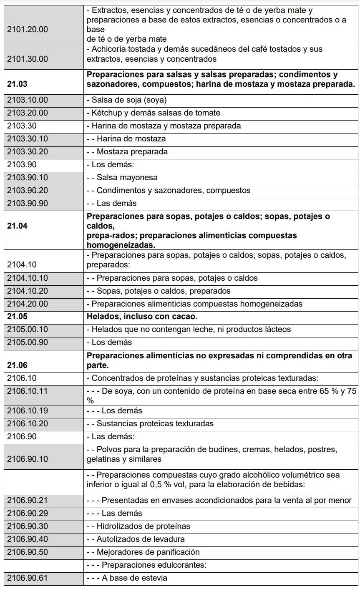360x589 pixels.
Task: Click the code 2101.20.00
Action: tap(28, 29)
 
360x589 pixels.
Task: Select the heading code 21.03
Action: tap(17, 84)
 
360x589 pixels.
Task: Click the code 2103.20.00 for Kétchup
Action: tap(28, 113)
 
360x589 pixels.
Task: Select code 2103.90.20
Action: tap(28, 191)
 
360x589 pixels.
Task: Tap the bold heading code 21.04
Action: tap(17, 226)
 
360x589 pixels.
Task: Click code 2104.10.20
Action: tap(28, 291)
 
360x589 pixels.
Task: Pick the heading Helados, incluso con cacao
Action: tap(142, 317)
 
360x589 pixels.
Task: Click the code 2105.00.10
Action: tap(28, 330)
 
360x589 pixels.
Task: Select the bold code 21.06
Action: tap(17, 365)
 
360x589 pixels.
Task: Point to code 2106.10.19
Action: tap(28, 411)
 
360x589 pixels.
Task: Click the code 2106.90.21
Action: tap(28, 501)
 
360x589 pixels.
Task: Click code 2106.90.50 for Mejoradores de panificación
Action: tap(28, 552)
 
